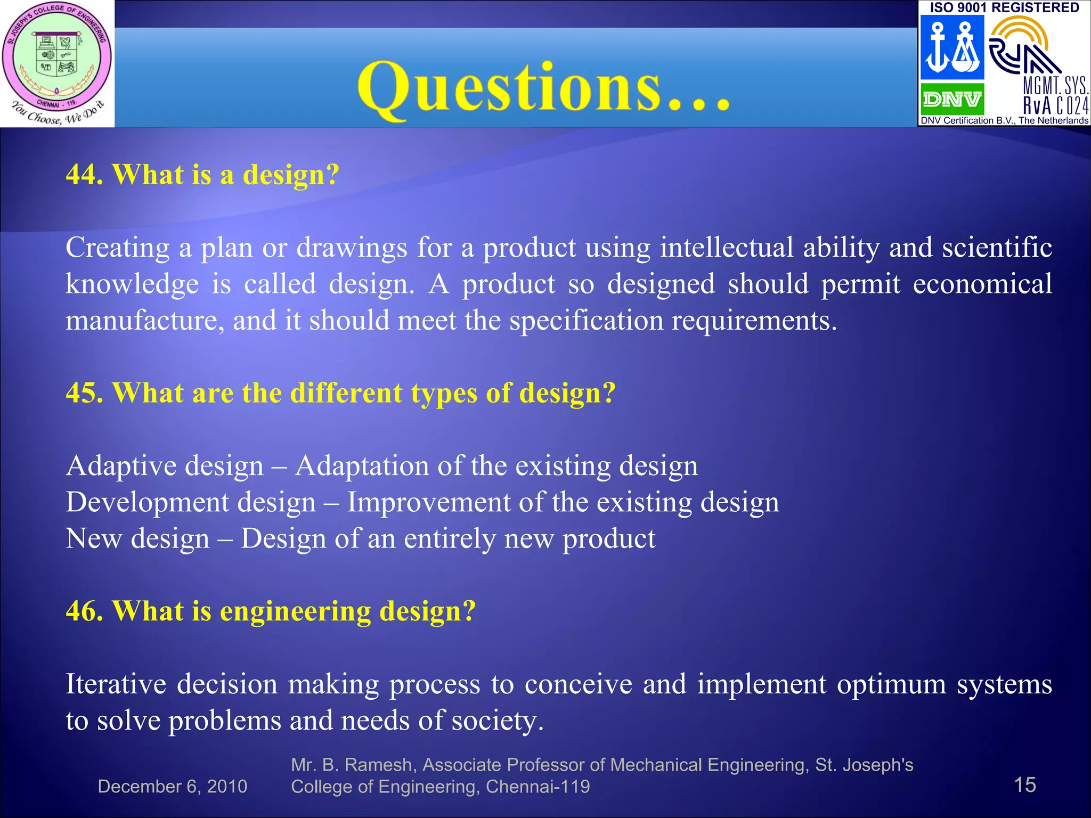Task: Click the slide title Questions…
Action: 543,88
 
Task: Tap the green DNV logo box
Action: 952,99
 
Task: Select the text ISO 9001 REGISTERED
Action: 1004,7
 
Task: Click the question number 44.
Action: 84,175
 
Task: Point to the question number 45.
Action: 84,393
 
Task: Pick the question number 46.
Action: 84,611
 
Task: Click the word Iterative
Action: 116,684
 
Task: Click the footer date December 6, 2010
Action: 172,787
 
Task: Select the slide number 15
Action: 1024,785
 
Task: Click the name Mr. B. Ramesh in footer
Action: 352,765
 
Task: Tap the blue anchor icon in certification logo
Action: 939,48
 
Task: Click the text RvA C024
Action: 1055,105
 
